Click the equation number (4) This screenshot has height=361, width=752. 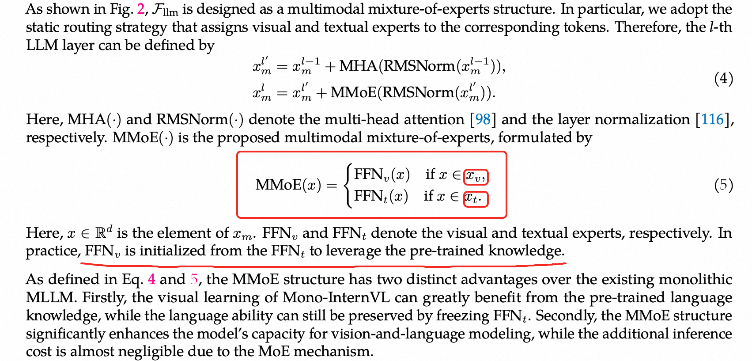[x=723, y=79]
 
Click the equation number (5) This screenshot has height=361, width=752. [x=723, y=185]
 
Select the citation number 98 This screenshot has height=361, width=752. [x=483, y=119]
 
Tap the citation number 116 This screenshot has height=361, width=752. [x=712, y=119]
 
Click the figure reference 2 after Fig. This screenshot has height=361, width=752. [x=141, y=9]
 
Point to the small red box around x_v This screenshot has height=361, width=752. [x=476, y=177]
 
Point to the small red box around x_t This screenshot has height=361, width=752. [x=475, y=198]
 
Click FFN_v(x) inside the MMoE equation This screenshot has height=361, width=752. [x=382, y=175]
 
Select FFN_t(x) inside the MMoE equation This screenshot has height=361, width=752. [x=381, y=196]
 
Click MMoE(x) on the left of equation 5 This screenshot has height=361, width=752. [x=288, y=185]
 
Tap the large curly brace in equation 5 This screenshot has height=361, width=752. [x=349, y=185]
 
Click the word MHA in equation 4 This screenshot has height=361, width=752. [x=358, y=66]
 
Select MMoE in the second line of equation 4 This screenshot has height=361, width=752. [x=353, y=92]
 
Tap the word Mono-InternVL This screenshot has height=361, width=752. [x=336, y=297]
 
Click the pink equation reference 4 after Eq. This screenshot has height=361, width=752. [x=151, y=279]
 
